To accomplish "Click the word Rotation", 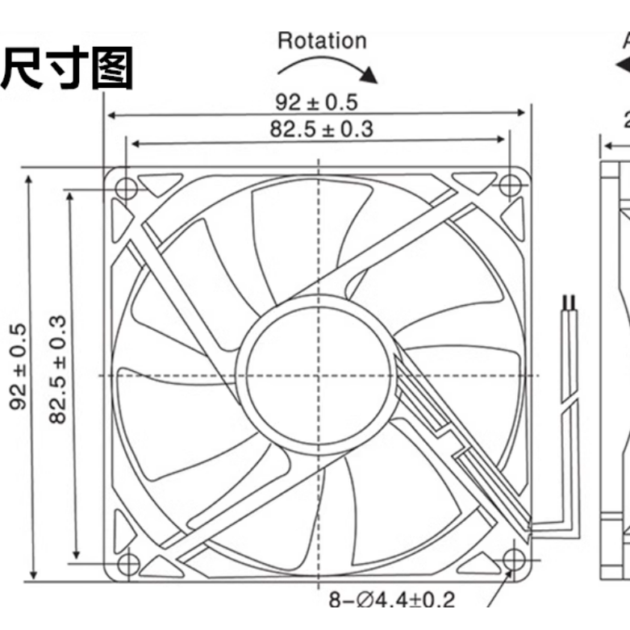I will coord(321,40).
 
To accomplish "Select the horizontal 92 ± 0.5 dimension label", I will coord(316,102).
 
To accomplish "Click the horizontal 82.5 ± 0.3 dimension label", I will coord(321,129).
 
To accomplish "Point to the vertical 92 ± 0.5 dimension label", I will coord(19,367).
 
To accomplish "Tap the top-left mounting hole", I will coord(126,187).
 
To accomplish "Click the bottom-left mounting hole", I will coord(127,561).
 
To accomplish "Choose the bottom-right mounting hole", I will coord(511,559).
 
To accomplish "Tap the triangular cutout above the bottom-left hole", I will coord(122,528).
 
